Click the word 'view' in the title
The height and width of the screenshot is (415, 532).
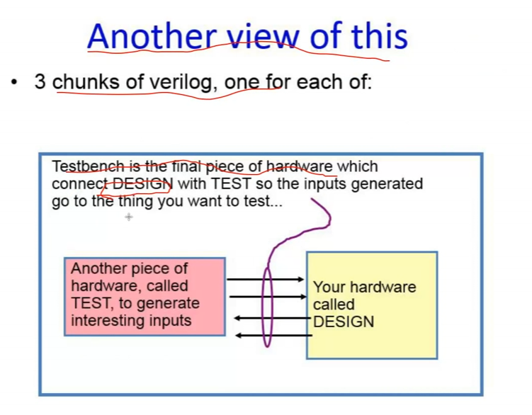click(x=263, y=37)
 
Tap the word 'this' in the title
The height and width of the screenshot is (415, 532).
click(x=380, y=35)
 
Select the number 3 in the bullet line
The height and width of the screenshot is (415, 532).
click(x=40, y=82)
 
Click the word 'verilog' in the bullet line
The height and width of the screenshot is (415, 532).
click(x=183, y=83)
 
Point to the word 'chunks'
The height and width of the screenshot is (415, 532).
click(x=86, y=82)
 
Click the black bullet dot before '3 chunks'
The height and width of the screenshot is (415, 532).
click(x=14, y=82)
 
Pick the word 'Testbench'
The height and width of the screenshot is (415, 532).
click(x=88, y=166)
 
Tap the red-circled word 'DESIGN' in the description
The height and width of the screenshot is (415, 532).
click(x=142, y=184)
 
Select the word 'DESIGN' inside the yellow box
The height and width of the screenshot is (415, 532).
click(x=344, y=322)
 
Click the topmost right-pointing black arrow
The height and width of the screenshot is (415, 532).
click(x=266, y=279)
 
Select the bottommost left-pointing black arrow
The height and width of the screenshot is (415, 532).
click(x=274, y=336)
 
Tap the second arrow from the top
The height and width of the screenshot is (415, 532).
click(x=268, y=297)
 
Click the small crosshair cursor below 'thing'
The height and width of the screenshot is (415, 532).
click(x=129, y=217)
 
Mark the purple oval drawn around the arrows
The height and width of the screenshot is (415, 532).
click(x=262, y=307)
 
